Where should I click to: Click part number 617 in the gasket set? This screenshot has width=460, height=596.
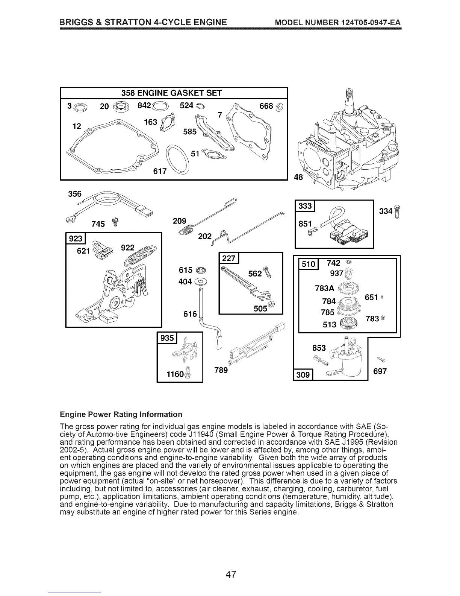[x=160, y=171]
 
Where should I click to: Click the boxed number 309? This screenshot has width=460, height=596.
[x=303, y=374]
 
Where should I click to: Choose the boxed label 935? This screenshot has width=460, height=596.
[x=167, y=338]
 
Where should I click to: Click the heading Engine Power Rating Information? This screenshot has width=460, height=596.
[x=121, y=414]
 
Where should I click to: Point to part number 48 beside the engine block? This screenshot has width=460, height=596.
[x=298, y=177]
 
